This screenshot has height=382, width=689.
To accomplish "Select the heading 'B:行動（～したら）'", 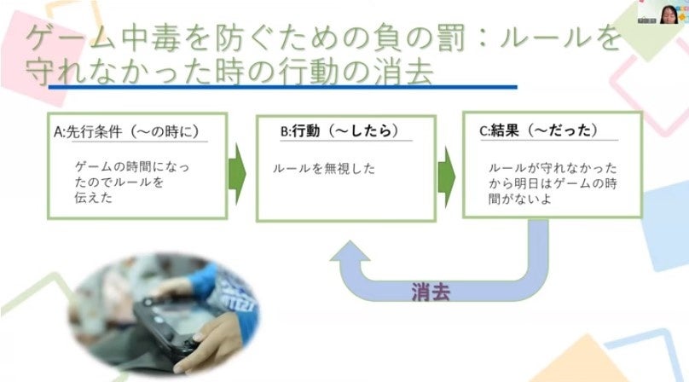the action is tap(333, 131).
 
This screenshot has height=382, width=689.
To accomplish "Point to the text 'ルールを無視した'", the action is tap(324, 169).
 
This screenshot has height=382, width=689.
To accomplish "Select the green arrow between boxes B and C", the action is tap(444, 174).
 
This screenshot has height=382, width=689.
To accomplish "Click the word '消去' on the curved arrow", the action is tap(431, 292).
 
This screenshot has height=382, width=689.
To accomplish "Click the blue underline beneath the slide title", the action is tap(281, 86).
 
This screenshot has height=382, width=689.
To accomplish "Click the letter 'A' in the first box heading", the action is tap(58, 132).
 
